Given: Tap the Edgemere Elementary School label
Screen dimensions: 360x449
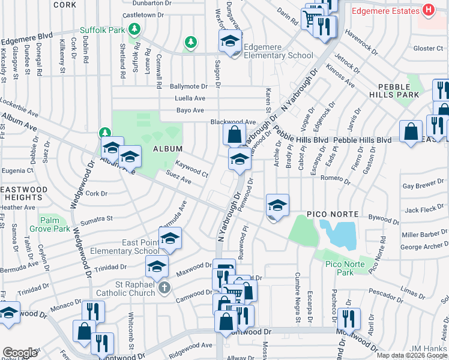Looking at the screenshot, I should point(279,55).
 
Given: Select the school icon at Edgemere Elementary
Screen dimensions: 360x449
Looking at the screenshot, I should point(230,41).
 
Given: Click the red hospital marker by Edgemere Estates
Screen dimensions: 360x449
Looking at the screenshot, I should point(428,11).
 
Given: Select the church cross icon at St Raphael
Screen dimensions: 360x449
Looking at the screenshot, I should point(164,289).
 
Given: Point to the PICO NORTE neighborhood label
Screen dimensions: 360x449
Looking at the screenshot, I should point(333,214).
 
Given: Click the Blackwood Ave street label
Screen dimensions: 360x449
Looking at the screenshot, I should point(233,122).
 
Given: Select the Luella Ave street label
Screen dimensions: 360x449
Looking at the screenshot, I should point(190,98).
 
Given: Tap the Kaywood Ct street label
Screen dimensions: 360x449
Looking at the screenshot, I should point(191,169).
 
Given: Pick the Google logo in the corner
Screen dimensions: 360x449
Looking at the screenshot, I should point(19,353).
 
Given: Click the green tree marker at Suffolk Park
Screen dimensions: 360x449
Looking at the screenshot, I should point(136,28).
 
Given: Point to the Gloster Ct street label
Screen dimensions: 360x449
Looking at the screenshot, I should point(427,48).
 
